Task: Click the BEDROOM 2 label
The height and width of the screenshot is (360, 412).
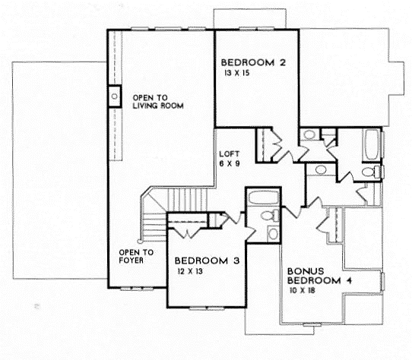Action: click(253, 62)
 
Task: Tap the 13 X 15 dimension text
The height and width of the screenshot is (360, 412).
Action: click(236, 73)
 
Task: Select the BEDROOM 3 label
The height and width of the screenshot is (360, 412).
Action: click(207, 261)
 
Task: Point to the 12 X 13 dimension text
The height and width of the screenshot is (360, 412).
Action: click(190, 271)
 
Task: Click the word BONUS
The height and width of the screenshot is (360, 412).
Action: click(306, 271)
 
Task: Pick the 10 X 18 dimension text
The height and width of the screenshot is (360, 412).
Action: click(303, 290)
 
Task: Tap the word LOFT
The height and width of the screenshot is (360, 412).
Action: click(230, 154)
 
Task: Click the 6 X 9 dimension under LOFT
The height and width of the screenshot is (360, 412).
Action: click(230, 163)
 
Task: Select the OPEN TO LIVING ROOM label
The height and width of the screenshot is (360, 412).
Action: click(158, 102)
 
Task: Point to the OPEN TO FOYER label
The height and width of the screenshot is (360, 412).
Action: click(136, 256)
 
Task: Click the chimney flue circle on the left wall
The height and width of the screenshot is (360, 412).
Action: click(115, 96)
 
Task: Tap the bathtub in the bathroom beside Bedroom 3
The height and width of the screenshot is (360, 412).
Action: click(263, 197)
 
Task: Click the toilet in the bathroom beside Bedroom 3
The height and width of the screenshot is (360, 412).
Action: click(270, 216)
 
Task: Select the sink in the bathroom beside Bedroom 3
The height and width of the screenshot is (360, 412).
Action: click(273, 233)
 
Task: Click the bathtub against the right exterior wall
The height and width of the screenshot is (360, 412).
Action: click(371, 145)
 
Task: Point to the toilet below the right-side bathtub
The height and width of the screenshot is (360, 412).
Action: click(371, 172)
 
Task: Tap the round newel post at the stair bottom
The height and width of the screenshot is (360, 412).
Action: click(139, 241)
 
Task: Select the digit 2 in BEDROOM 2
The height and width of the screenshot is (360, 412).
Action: click(283, 62)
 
